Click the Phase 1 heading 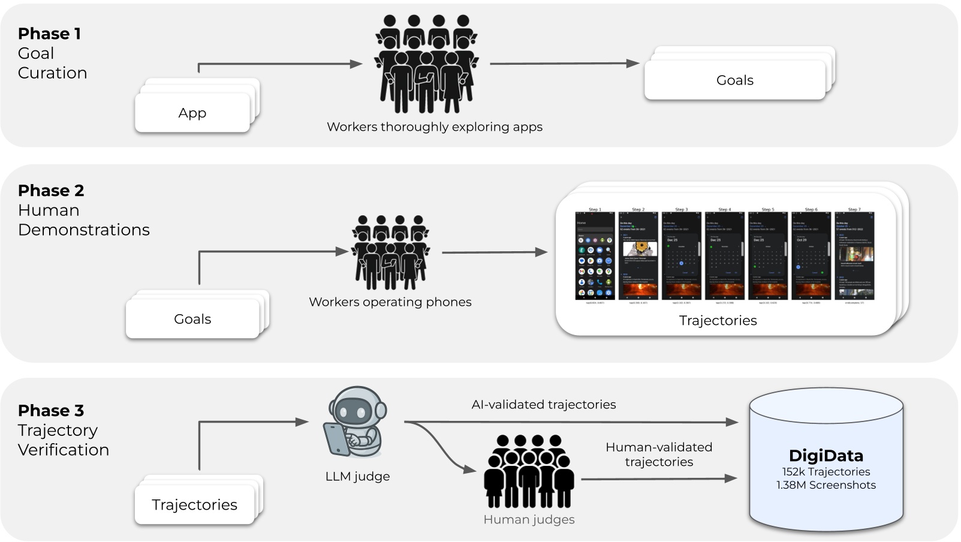pos(49,34)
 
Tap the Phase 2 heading pos(51,191)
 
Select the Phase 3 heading pos(51,411)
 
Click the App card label pos(192,113)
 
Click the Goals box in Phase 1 pos(734,80)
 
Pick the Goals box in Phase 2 pos(192,319)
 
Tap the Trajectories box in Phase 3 pos(194,505)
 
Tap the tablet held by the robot pos(336,439)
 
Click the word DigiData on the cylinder pos(826,455)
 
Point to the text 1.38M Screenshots pos(826,485)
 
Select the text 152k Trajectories pos(826,472)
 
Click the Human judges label pos(529,520)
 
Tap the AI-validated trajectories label pos(543,405)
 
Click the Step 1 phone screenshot pos(595,255)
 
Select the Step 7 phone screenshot pos(854,255)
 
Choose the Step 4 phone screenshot pos(725,255)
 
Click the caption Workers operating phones pos(390,302)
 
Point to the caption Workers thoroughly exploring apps pos(434,127)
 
